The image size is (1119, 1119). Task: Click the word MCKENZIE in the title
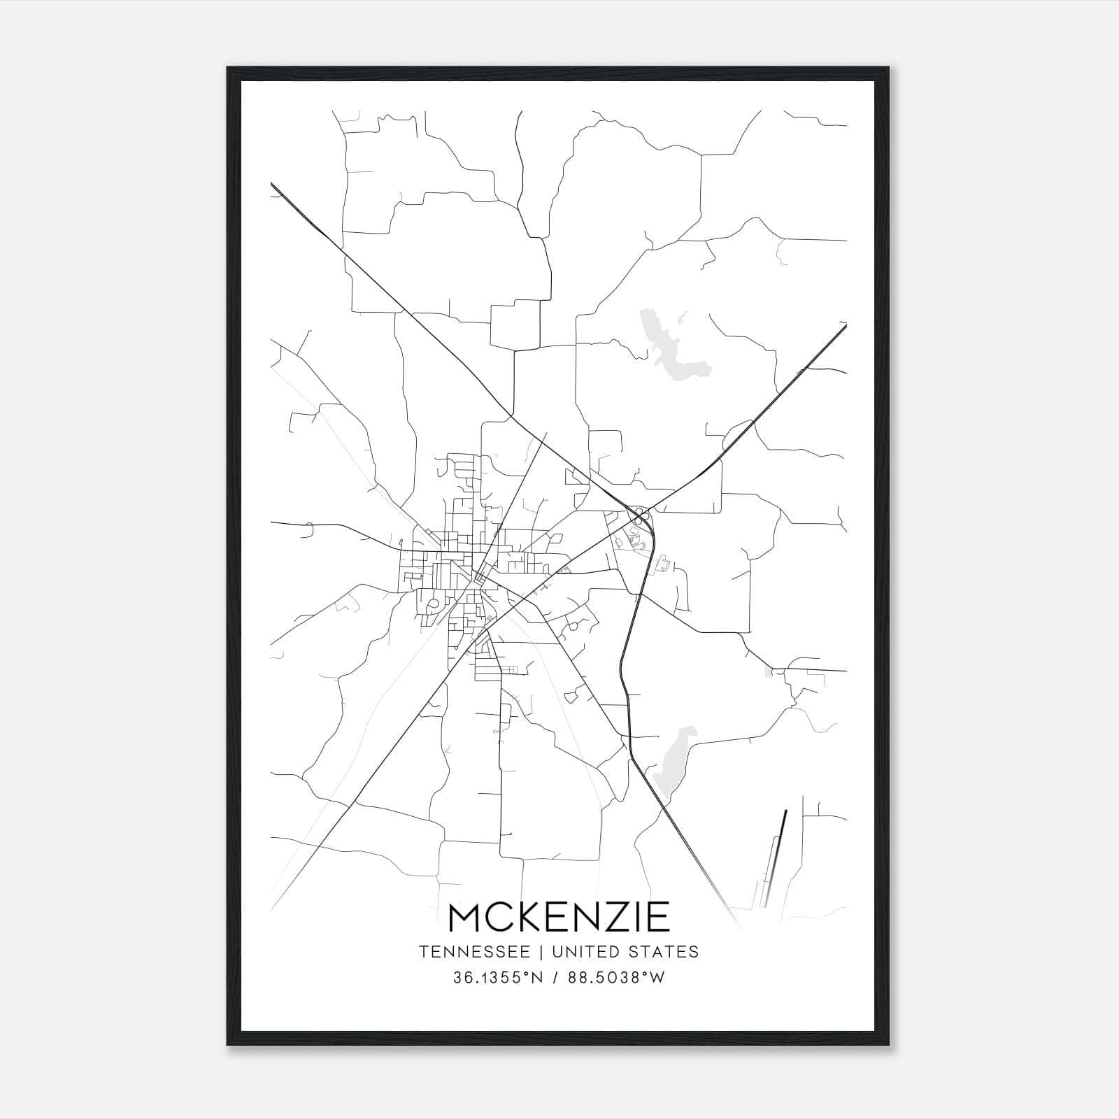[x=559, y=917]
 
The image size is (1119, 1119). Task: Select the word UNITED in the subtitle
[x=587, y=952]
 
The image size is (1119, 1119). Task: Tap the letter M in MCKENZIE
[x=467, y=917]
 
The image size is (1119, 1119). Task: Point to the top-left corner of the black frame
[x=228, y=68]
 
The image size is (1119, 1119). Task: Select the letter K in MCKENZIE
[x=532, y=917]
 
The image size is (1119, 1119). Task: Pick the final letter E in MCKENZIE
[x=658, y=917]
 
